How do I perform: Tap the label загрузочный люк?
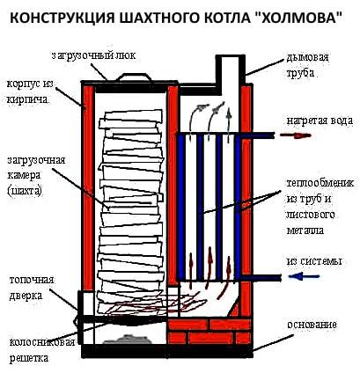point(93,55)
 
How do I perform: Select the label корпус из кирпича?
point(30,91)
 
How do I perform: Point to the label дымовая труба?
point(308,65)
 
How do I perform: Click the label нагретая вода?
point(320,121)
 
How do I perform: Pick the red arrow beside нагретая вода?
point(295,135)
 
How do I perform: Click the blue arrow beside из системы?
point(304,276)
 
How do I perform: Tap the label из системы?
point(314,261)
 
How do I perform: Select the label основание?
point(312,325)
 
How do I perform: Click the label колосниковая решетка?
point(41,350)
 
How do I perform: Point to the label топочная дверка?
point(32,288)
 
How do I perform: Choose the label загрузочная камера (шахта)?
point(35,175)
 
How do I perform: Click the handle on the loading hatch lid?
point(134,76)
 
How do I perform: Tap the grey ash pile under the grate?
point(127,340)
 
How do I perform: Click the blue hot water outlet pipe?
point(257,135)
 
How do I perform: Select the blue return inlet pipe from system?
point(261,277)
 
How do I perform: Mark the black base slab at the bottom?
point(167,351)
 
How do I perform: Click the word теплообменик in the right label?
point(320,183)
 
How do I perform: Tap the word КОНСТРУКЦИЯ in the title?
point(62,18)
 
